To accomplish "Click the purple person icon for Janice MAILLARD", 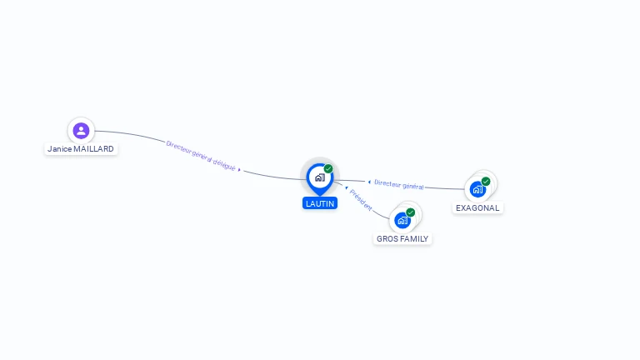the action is (81, 131).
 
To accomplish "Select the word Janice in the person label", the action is (60, 149).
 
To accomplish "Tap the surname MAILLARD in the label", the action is (94, 149).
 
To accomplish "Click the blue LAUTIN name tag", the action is (320, 203).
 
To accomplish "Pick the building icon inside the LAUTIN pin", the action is (320, 177).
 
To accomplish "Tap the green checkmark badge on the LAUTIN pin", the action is (328, 168).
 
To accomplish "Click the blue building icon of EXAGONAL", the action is (477, 189).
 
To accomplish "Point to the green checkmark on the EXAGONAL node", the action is (485, 181).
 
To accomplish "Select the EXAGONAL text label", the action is (477, 208).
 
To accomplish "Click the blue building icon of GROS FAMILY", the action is (402, 220).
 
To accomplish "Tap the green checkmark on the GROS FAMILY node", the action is (410, 212).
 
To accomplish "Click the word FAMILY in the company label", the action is (414, 239).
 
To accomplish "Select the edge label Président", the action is (361, 200).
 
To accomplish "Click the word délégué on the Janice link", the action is (224, 164).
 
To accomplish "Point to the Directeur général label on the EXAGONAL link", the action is (399, 184).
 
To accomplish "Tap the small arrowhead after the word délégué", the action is (239, 169).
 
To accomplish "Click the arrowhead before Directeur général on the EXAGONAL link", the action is (369, 182).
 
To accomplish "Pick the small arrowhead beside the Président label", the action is (347, 187).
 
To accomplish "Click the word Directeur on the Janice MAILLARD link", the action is (178, 147).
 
